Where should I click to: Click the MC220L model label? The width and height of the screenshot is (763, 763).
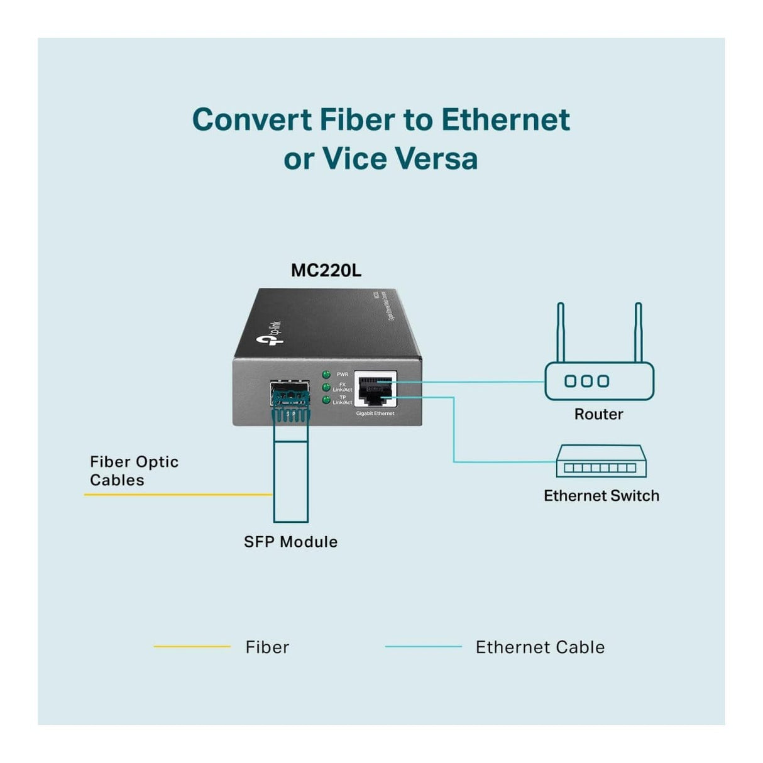click(x=326, y=271)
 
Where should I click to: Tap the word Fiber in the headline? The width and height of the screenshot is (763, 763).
click(x=356, y=119)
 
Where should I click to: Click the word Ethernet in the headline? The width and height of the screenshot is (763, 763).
click(x=505, y=119)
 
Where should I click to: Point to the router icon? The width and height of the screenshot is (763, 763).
click(x=599, y=381)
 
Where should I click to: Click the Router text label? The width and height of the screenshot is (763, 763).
click(x=598, y=414)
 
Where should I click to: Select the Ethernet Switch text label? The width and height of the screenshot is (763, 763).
click(x=601, y=496)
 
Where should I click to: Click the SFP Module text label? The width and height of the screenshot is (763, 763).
click(x=290, y=542)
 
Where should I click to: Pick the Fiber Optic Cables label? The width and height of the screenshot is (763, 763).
click(x=134, y=471)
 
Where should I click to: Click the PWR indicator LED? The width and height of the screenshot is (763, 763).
click(x=326, y=375)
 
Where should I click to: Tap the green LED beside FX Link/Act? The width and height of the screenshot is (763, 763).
click(x=326, y=387)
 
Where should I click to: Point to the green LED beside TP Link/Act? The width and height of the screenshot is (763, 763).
click(x=326, y=400)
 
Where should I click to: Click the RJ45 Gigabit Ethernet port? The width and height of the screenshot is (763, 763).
click(x=375, y=390)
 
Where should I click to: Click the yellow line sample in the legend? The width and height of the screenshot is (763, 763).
click(x=192, y=647)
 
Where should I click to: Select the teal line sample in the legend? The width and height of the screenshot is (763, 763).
click(x=423, y=647)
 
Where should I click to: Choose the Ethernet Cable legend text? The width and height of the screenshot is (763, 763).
click(x=540, y=647)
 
